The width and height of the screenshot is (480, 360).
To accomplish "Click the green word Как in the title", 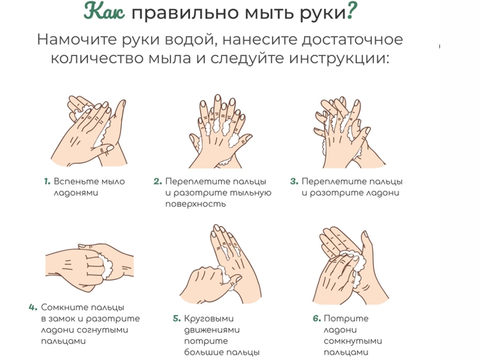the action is point(105,12).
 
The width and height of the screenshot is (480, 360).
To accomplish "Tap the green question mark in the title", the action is point(352,12).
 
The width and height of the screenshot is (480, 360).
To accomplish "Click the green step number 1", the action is point(47,181).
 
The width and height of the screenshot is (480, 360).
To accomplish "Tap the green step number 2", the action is point(158,181).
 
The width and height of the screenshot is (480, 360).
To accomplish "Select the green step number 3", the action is point(294,181).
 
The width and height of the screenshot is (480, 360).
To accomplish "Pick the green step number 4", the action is point(33,307).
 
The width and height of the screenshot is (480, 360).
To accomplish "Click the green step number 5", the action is point(177,318).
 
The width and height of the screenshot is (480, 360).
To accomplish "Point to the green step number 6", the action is point(316,318).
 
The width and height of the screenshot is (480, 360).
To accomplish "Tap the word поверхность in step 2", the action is point(195,204).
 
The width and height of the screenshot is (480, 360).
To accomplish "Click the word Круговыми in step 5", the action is point(209,319).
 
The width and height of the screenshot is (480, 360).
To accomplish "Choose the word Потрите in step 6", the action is point(346,319).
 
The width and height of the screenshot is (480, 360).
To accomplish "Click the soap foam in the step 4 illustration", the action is point(106,265).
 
